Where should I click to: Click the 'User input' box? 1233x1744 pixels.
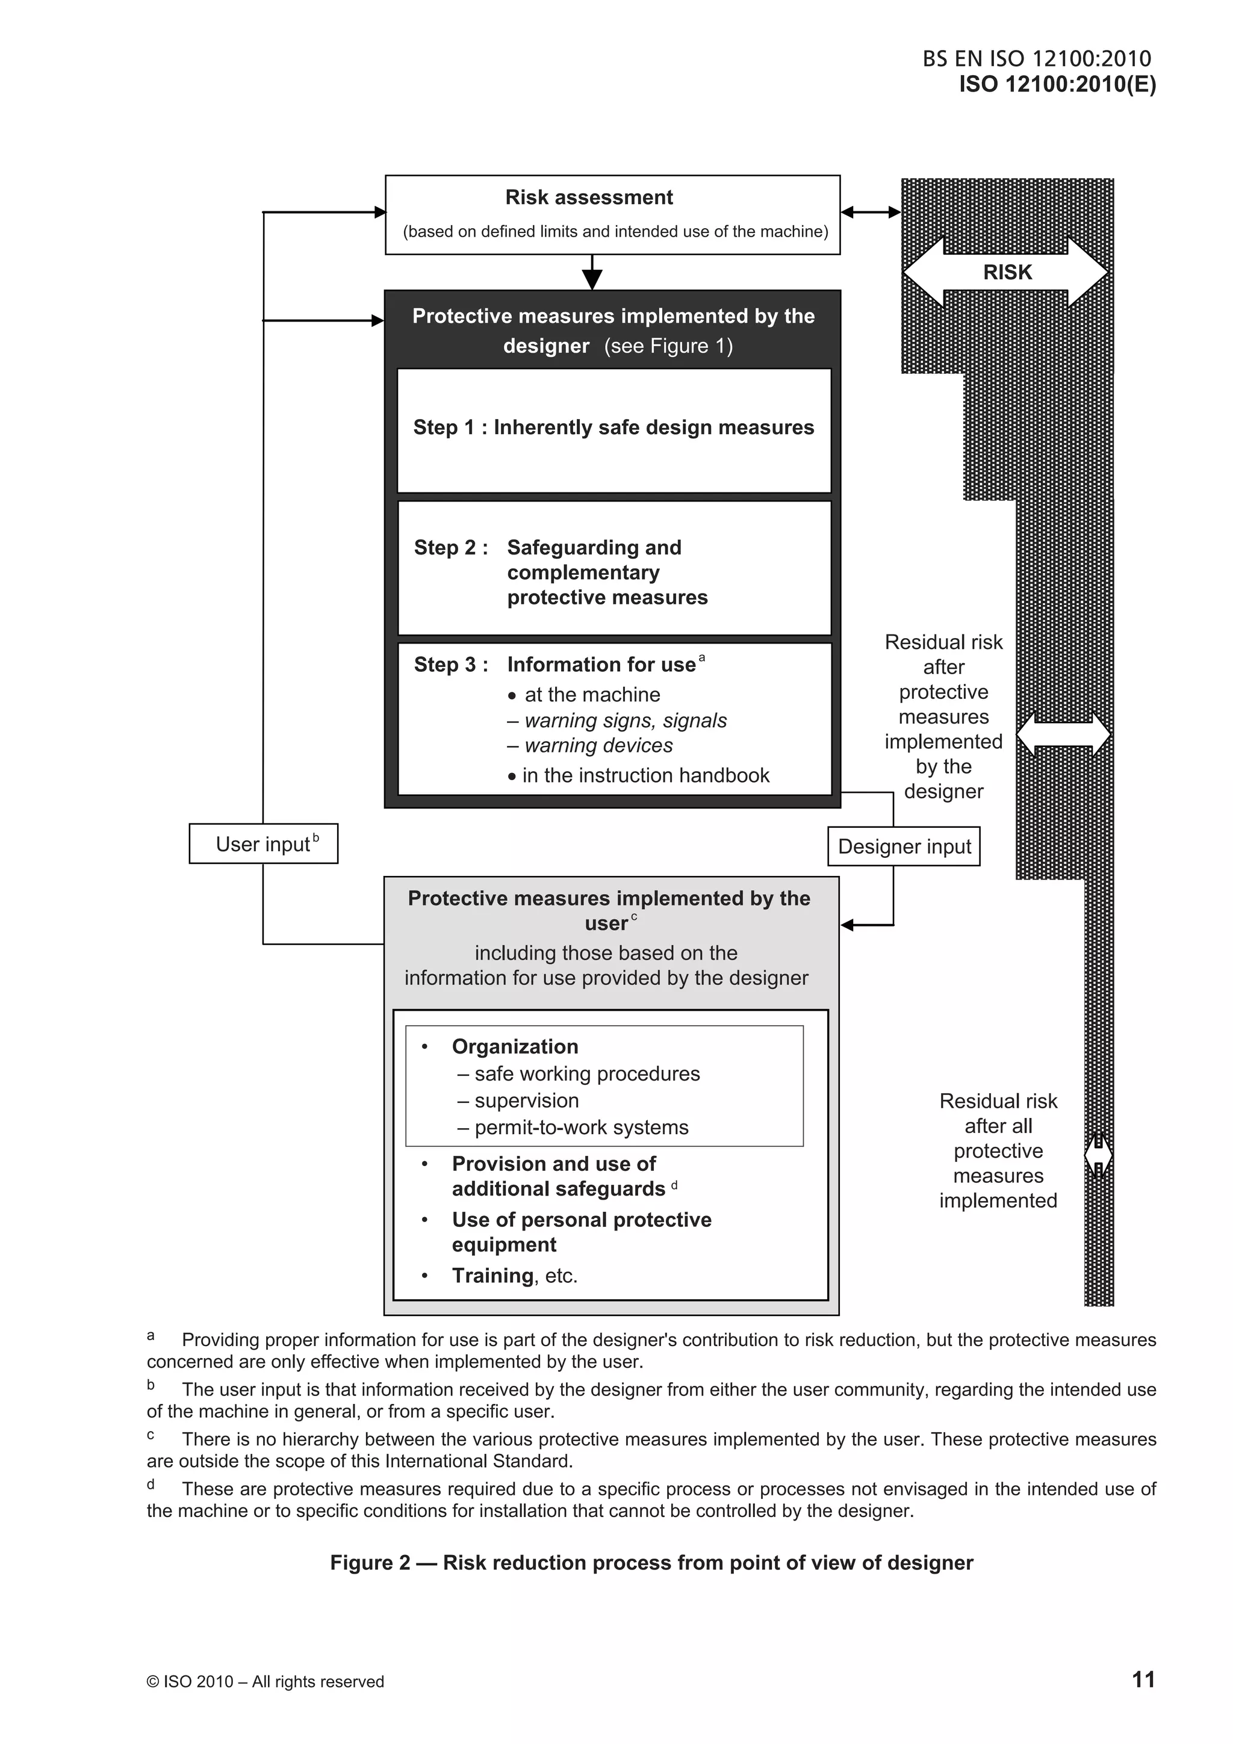point(263,844)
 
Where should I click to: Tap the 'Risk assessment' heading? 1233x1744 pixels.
point(589,197)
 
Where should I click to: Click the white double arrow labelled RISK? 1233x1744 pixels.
point(1006,272)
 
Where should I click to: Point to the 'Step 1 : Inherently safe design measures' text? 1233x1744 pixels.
point(613,427)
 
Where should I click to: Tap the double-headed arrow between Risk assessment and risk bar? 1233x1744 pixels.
point(871,213)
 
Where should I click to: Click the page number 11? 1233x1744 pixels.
point(1143,1680)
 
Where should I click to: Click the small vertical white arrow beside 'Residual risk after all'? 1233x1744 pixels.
point(1098,1155)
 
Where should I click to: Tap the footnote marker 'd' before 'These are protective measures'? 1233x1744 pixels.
point(151,1484)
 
